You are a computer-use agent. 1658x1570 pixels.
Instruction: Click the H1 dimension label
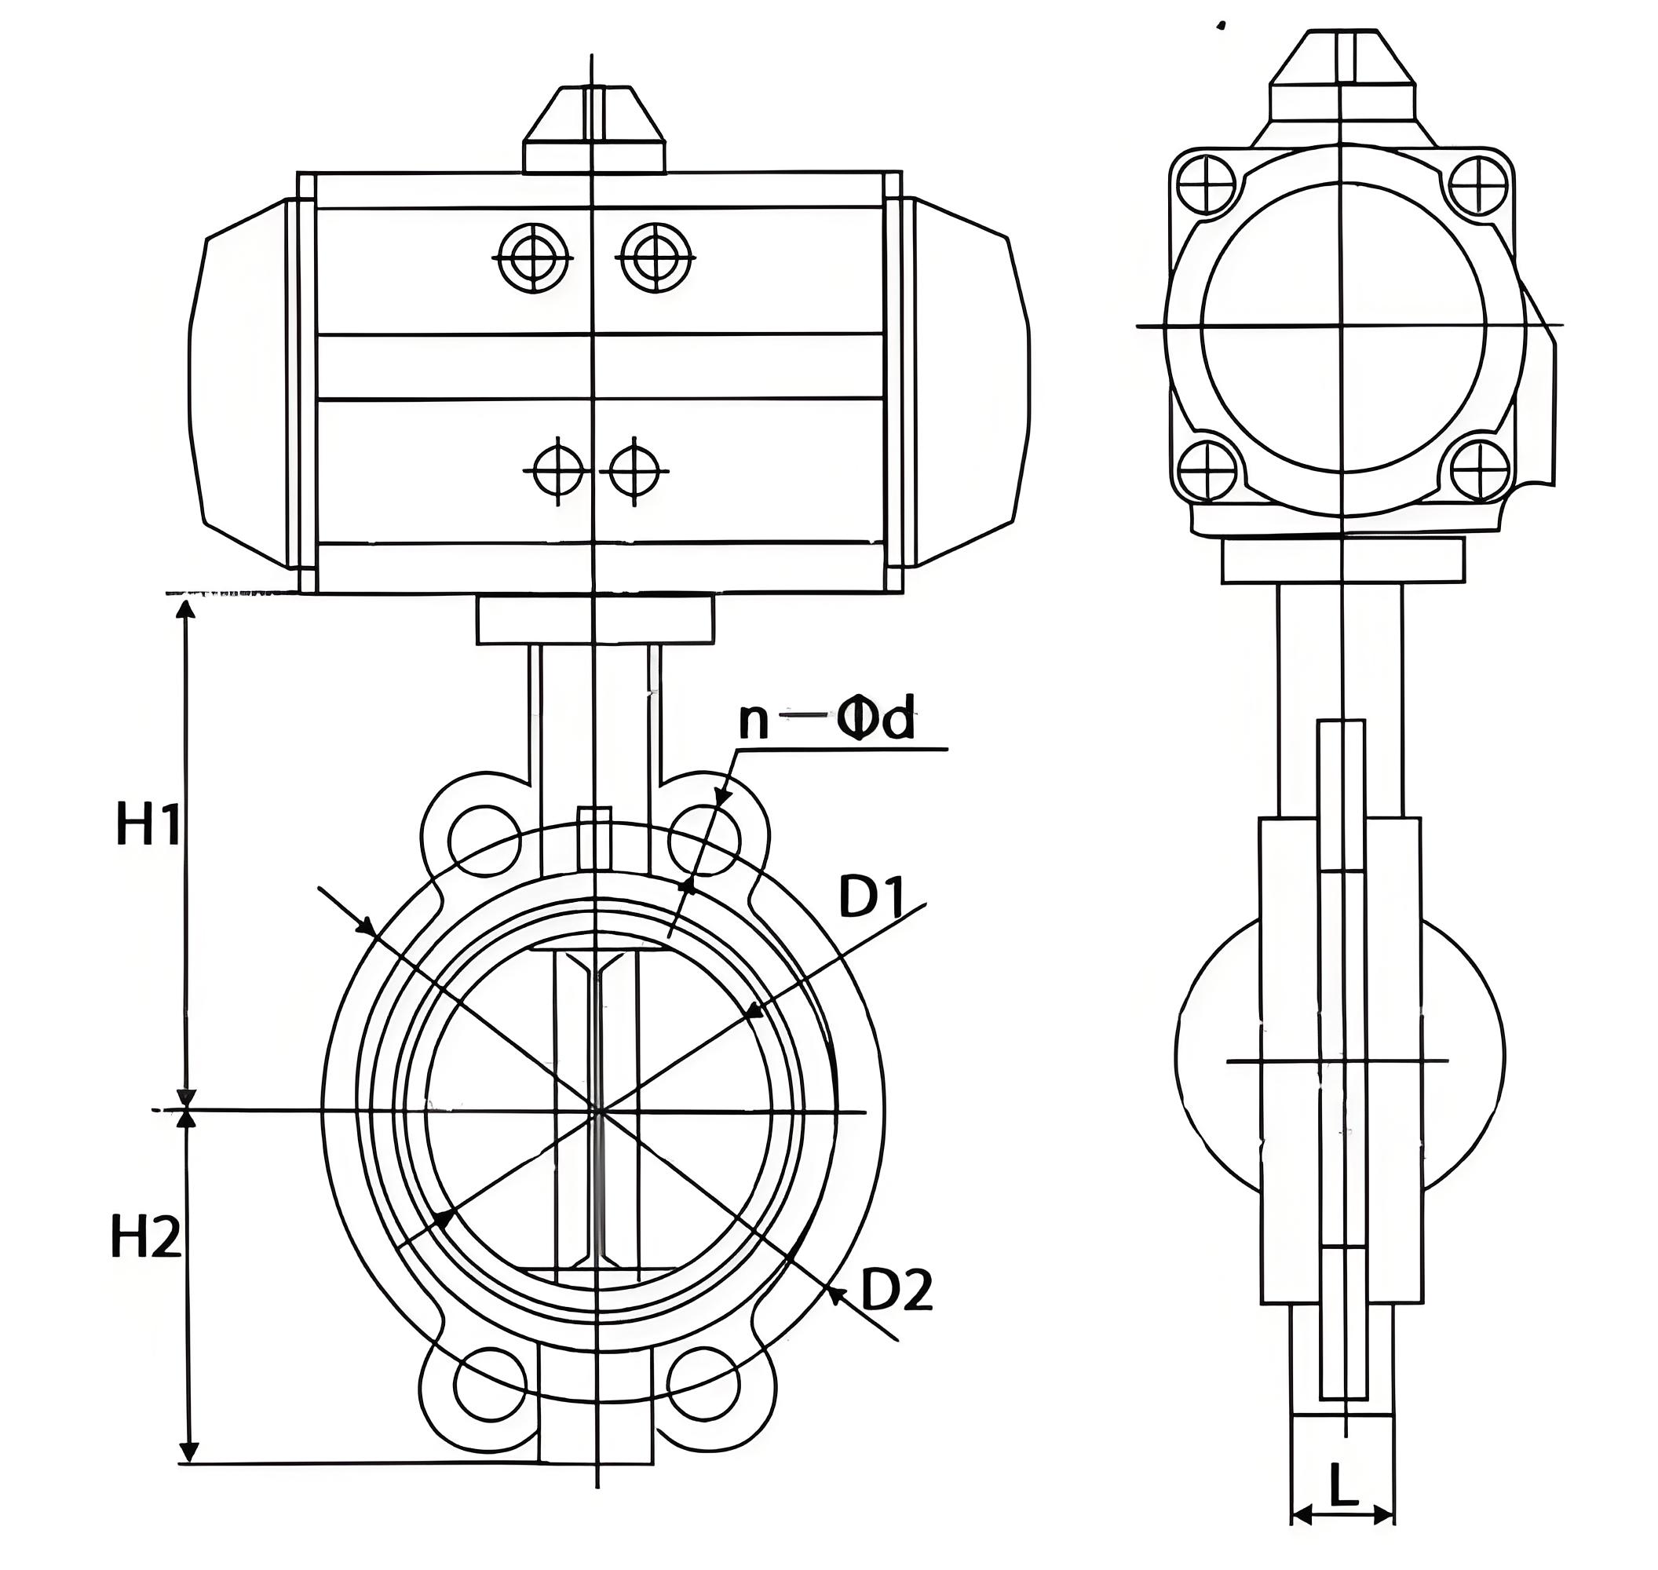(x=148, y=824)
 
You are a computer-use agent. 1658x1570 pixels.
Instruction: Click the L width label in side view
(x=1342, y=1487)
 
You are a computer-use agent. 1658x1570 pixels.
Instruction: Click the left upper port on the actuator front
(x=533, y=257)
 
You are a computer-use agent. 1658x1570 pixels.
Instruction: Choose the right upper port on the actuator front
(x=656, y=257)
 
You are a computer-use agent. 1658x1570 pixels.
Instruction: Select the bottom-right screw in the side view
(x=1480, y=469)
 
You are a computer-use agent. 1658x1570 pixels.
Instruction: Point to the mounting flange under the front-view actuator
(x=596, y=619)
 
